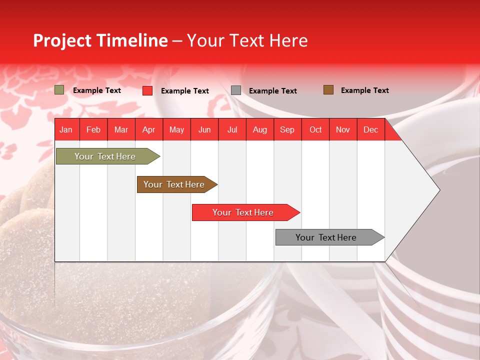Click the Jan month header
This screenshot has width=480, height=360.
(66, 130)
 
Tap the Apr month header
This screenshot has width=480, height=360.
(148, 130)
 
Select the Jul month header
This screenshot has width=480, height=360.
(232, 130)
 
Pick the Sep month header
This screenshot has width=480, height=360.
(287, 130)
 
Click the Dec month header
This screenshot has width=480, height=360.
(370, 130)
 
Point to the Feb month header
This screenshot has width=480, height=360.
(93, 130)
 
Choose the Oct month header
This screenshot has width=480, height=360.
(315, 130)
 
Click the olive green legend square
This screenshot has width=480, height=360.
(59, 90)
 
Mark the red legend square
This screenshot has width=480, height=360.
(147, 90)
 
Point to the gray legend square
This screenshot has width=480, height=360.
(236, 90)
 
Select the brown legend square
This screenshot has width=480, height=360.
(328, 90)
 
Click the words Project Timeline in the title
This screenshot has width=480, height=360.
(100, 40)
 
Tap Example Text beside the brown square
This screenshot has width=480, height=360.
(364, 90)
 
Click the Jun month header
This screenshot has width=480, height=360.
(204, 130)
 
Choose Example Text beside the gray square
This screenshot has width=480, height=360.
(272, 91)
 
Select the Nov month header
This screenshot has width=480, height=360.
(343, 130)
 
